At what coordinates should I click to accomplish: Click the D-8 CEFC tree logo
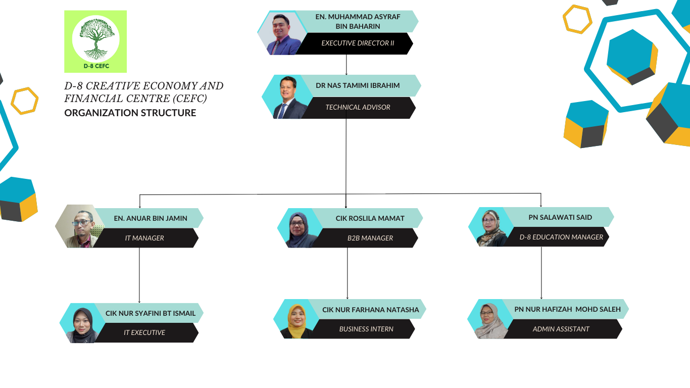pyautogui.click(x=95, y=41)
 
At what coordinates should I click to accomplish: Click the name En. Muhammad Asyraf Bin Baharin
pyautogui.click(x=358, y=21)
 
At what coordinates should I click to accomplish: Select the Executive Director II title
pyautogui.click(x=358, y=43)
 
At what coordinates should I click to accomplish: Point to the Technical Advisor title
pyautogui.click(x=358, y=107)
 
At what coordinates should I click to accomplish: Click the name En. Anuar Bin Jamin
pyautogui.click(x=151, y=218)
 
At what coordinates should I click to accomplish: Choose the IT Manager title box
pyautogui.click(x=144, y=238)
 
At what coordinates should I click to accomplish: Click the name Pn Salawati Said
pyautogui.click(x=560, y=217)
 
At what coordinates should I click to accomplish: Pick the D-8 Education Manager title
pyautogui.click(x=561, y=237)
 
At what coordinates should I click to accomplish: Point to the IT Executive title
pyautogui.click(x=144, y=332)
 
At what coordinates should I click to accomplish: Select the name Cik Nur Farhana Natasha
pyautogui.click(x=371, y=309)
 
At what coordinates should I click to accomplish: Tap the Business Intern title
pyautogui.click(x=366, y=329)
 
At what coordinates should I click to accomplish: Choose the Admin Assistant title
pyautogui.click(x=561, y=329)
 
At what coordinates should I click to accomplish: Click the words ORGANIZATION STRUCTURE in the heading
pyautogui.click(x=130, y=113)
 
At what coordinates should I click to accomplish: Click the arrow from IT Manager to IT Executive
pyautogui.click(x=139, y=275)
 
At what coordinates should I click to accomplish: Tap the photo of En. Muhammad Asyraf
pyautogui.click(x=281, y=34)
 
